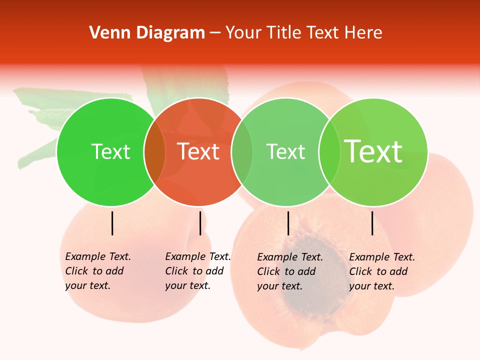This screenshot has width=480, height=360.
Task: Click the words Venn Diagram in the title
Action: click(147, 33)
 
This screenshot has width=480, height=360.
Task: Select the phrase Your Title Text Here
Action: click(303, 33)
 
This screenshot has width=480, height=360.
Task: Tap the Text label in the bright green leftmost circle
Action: click(110, 152)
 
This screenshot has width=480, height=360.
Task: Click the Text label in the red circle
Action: click(198, 152)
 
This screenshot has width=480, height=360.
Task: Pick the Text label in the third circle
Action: click(285, 152)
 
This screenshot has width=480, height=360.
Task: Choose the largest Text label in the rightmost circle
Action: click(373, 151)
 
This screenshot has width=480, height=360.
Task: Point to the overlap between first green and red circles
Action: click(154, 152)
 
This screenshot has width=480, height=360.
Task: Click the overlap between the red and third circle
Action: click(242, 152)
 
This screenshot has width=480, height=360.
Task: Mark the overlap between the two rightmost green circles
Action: click(329, 152)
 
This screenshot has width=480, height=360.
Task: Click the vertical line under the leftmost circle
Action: click(112, 223)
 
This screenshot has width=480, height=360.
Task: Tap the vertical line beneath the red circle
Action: click(200, 223)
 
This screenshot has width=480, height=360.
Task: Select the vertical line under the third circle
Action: click(288, 223)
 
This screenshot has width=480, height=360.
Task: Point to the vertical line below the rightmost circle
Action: click(372, 223)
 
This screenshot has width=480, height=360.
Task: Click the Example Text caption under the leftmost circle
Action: click(97, 271)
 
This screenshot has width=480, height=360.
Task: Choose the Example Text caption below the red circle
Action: click(197, 271)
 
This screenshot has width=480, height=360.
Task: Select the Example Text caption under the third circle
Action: click(289, 271)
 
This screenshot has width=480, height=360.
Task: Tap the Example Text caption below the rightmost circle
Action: click(381, 271)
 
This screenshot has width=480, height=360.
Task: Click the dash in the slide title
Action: click(215, 33)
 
